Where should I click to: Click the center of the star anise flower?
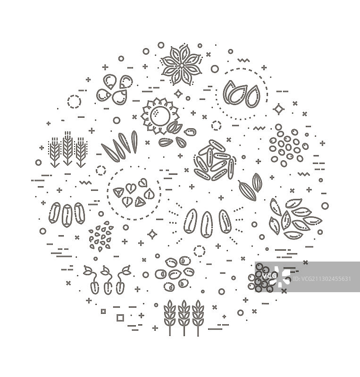[181, 65]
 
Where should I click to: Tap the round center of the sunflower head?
[160, 115]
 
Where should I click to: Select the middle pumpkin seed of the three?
[238, 95]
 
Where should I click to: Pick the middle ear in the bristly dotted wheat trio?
[67, 148]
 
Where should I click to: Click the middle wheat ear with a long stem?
[184, 318]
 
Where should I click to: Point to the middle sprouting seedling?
[107, 280]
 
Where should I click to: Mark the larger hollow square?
[120, 318]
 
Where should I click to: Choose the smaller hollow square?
[103, 311]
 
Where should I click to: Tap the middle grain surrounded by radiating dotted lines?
[207, 225]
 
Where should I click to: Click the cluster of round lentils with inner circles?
[288, 146]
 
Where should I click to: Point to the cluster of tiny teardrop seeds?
[101, 237]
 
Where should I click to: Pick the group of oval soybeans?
[175, 274]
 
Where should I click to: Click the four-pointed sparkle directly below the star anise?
[178, 94]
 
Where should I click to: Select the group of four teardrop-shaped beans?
[115, 90]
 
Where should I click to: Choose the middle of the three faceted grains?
[67, 215]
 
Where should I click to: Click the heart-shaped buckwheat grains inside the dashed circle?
[134, 193]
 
